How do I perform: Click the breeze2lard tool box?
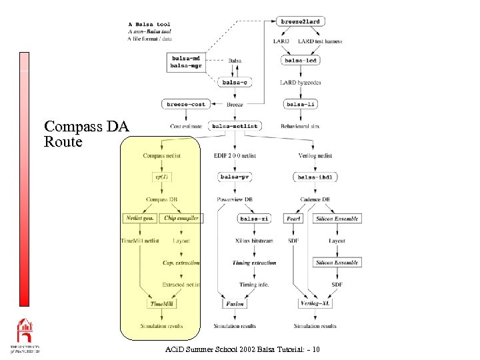[301, 22]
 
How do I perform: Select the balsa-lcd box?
[301, 61]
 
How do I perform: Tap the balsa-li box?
[301, 104]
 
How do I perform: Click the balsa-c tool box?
[235, 83]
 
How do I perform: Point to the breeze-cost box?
[186, 104]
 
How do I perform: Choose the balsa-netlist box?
[235, 125]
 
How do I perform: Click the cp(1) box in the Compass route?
[161, 177]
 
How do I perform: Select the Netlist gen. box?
[140, 218]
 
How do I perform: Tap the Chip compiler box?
[181, 218]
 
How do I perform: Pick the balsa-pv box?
[235, 177]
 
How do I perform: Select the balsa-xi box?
[254, 218]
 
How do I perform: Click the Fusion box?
[234, 303]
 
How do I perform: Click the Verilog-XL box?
[315, 303]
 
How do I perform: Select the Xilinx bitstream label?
[254, 241]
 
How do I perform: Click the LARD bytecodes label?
[301, 83]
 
